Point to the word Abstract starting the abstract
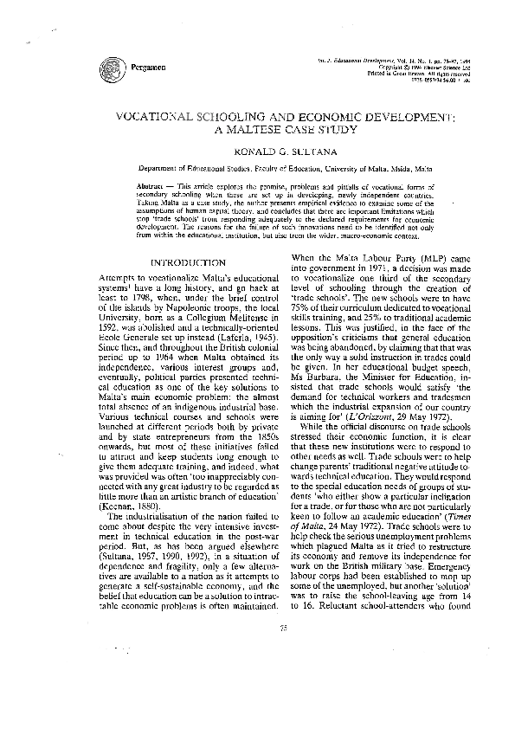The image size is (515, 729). pos(152,187)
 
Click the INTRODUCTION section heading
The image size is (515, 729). pos(188,261)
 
